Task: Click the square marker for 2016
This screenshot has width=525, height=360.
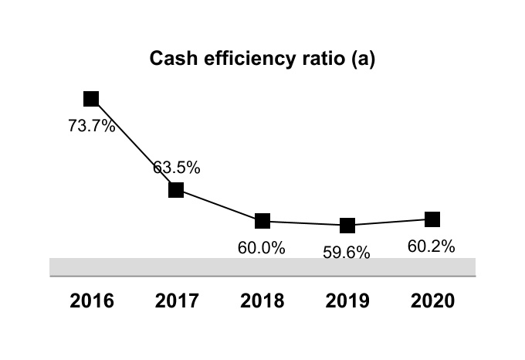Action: click(x=91, y=98)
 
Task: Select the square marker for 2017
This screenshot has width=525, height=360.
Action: click(x=176, y=189)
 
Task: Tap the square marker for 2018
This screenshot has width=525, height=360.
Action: click(x=262, y=221)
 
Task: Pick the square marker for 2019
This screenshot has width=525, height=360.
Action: click(x=347, y=226)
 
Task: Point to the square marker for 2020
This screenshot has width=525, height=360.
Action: click(x=432, y=219)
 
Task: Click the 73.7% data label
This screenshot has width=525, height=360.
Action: click(x=92, y=127)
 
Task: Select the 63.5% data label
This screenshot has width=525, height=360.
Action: click(x=177, y=167)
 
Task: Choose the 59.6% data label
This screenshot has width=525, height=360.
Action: click(x=347, y=253)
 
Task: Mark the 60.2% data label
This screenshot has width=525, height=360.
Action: click(x=431, y=246)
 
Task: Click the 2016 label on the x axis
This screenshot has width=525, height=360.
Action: click(x=92, y=301)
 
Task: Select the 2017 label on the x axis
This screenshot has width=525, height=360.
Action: click(x=177, y=301)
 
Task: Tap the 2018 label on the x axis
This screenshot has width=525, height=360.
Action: click(x=262, y=301)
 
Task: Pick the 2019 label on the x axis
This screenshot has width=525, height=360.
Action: click(x=347, y=301)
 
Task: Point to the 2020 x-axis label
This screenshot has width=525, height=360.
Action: click(x=432, y=301)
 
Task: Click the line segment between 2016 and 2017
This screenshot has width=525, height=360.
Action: click(x=134, y=144)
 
